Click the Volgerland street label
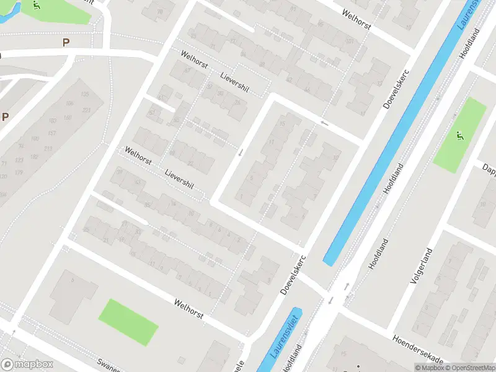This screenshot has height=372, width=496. point(420,265)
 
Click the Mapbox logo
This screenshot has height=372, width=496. point(27,365)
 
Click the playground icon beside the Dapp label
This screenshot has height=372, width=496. point(459,136)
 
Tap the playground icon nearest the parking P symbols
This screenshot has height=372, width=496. point(37,6)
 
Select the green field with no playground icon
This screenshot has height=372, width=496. point(128,322)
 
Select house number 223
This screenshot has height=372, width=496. point(86,110)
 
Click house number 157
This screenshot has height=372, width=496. point(53,133)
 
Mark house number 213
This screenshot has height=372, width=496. point(48,148)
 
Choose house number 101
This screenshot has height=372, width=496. point(350,42)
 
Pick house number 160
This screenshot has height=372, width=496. point(68,118)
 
